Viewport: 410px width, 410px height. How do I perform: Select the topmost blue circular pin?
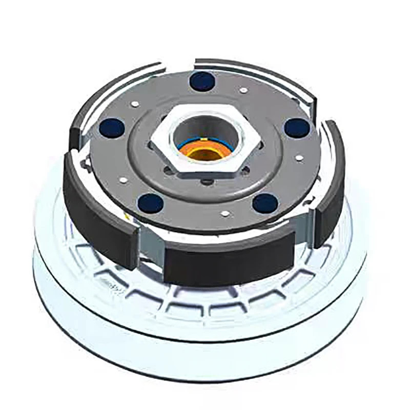(x=201, y=81)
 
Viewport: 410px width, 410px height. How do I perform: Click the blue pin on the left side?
(x=112, y=128)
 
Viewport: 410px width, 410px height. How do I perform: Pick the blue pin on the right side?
(x=297, y=128)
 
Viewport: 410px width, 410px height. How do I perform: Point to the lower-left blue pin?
(x=151, y=203)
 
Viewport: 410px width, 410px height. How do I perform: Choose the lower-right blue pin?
(x=265, y=203)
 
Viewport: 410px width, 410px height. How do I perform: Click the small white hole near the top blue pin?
(x=243, y=90)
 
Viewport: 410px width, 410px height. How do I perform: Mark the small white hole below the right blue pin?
(x=299, y=158)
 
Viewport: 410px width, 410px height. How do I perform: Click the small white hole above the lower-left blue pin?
(x=123, y=180)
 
